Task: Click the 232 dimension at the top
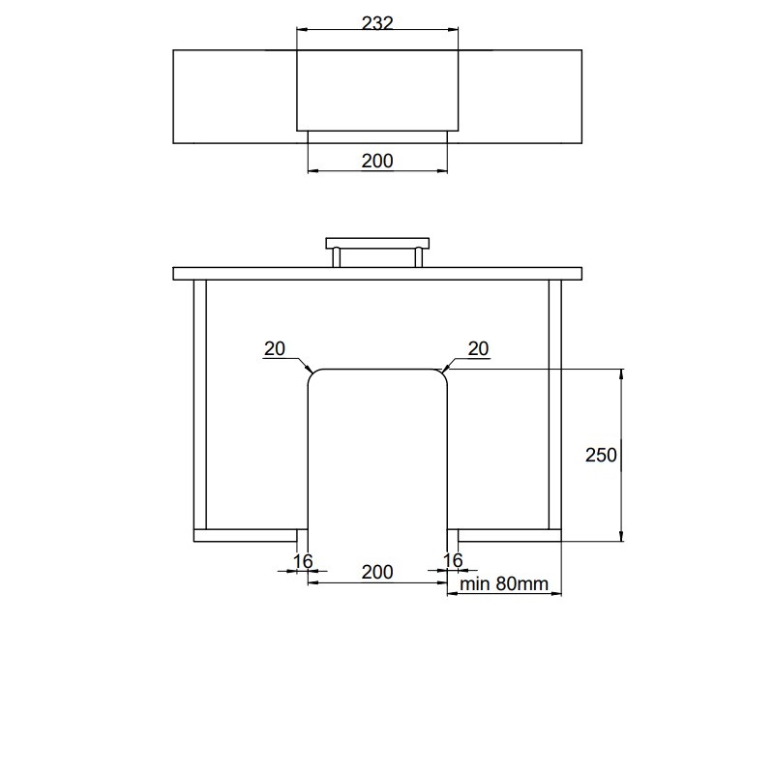click(x=377, y=22)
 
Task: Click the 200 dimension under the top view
click(x=377, y=161)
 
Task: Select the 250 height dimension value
click(x=601, y=455)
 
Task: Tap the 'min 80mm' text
click(x=504, y=584)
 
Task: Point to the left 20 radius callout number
click(x=275, y=348)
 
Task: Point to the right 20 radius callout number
click(x=478, y=348)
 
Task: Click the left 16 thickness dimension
click(x=303, y=561)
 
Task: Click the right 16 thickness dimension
click(x=453, y=560)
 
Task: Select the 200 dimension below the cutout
click(x=377, y=572)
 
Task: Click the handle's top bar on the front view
click(x=377, y=244)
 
